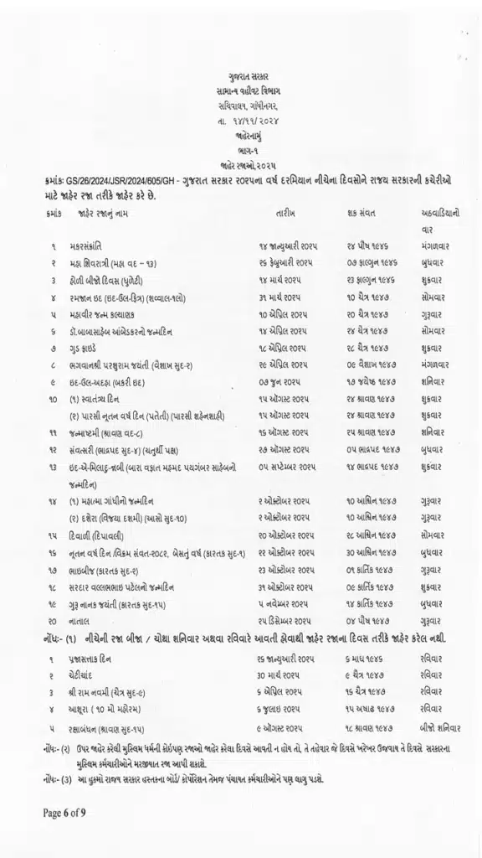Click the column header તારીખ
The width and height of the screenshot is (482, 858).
pyautogui.click(x=285, y=214)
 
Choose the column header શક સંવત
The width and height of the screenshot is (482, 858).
pyautogui.click(x=360, y=214)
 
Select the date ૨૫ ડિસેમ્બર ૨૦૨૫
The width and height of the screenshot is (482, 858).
pyautogui.click(x=285, y=621)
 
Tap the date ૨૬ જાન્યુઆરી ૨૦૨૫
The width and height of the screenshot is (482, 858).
pyautogui.click(x=287, y=659)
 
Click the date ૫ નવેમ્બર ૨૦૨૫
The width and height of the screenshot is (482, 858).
pyautogui.click(x=282, y=604)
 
